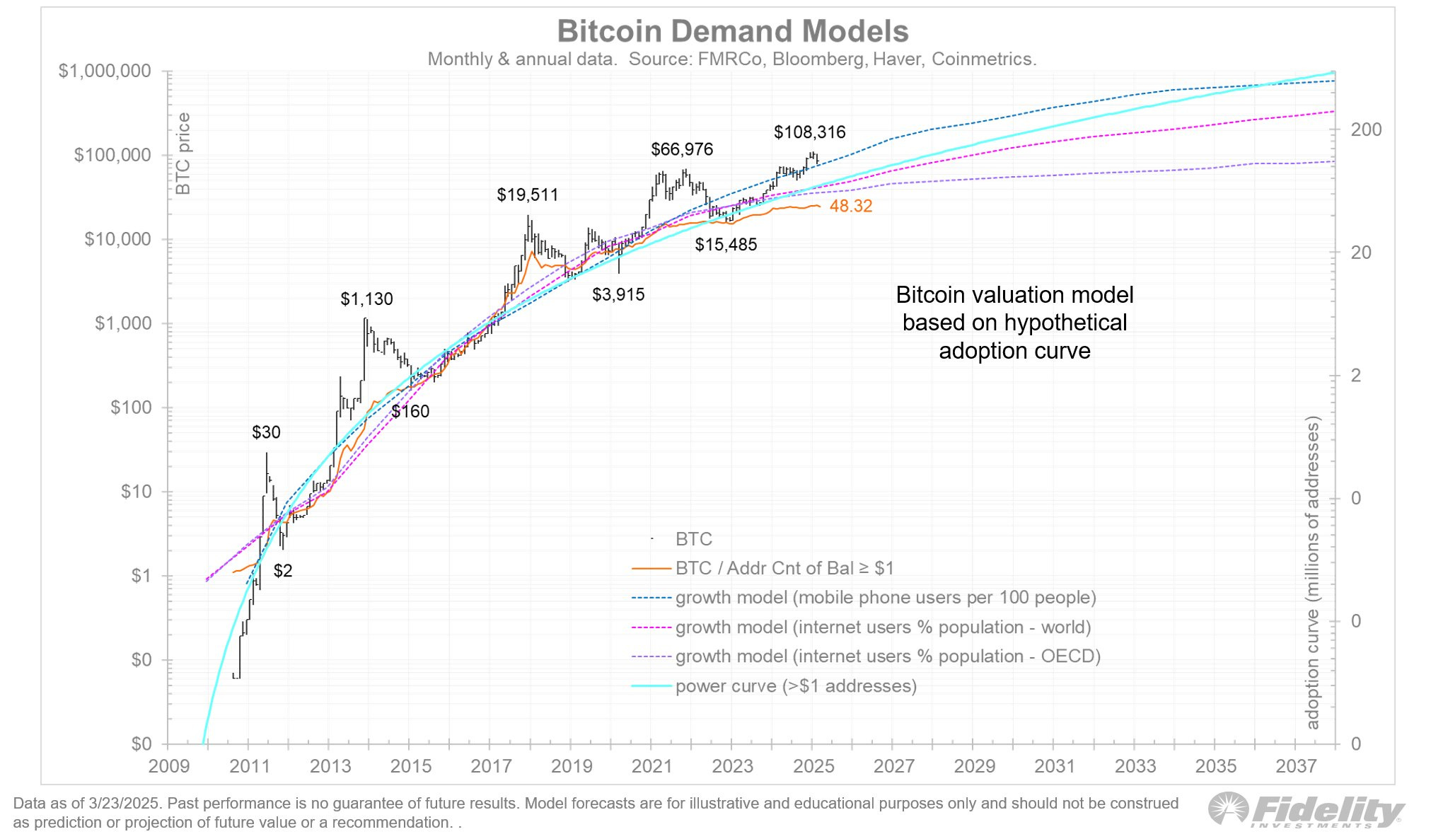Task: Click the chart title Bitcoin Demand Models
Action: point(732,32)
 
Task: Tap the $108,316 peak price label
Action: point(809,132)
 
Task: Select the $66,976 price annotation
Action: point(681,149)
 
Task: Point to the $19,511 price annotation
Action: point(527,195)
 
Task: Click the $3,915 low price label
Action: point(618,294)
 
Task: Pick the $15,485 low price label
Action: point(725,245)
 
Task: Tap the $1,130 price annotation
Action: point(366,299)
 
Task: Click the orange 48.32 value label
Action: point(850,206)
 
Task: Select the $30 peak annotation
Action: point(266,432)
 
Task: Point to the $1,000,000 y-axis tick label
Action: point(105,71)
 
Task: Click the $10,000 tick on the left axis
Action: point(117,239)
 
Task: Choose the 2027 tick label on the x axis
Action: point(893,766)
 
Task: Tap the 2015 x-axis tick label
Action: point(410,766)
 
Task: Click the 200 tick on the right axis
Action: point(1366,129)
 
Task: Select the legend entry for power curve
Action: point(795,686)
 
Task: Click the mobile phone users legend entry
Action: point(885,598)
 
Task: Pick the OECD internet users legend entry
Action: point(887,656)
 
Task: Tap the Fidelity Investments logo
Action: point(1306,810)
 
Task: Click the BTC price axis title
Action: point(183,154)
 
